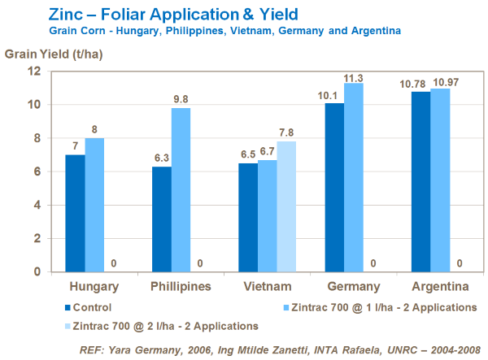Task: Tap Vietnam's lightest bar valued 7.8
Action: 286,206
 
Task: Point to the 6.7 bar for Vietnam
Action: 267,215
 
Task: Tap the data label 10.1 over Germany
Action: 333,97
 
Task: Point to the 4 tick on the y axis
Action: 37,205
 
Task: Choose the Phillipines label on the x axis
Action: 181,287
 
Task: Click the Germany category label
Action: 354,287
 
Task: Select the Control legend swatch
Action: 67,307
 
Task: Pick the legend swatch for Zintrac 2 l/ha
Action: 67,325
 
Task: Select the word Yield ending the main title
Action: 276,14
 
